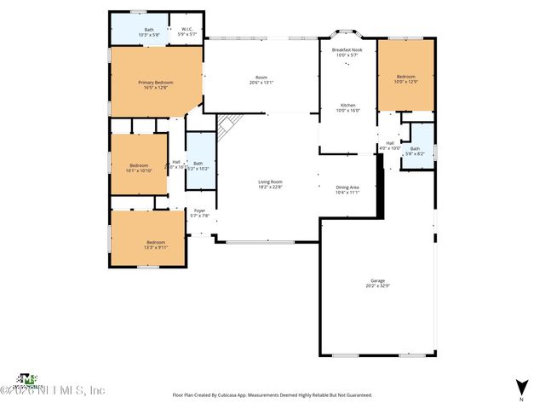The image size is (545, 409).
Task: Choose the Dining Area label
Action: (x=347, y=189)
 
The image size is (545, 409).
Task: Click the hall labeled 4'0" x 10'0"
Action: (x=390, y=145)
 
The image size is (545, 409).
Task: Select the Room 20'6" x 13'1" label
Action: (x=261, y=80)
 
